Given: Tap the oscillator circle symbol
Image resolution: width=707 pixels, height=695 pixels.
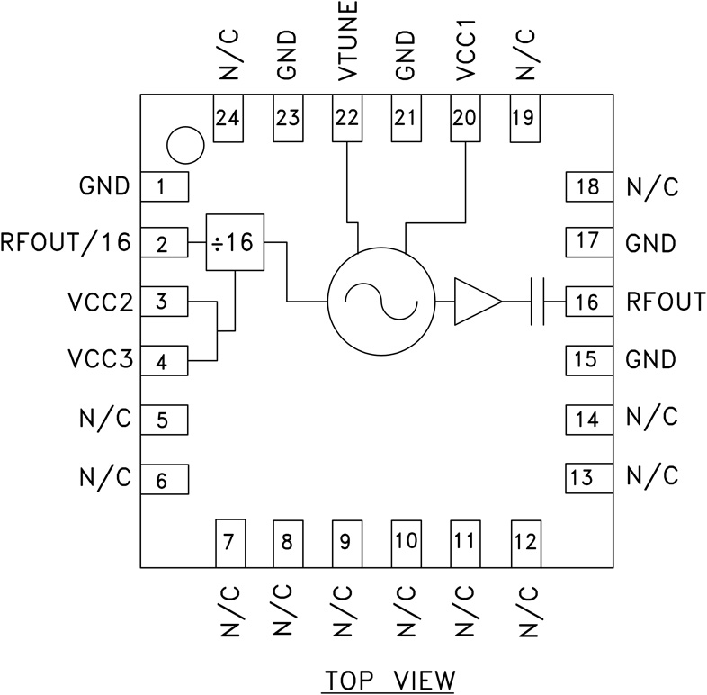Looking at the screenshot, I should tap(379, 300).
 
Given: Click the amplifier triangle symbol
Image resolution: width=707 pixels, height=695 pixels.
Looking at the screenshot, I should tap(475, 301).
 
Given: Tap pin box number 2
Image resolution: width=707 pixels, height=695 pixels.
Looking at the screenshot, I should tap(163, 244).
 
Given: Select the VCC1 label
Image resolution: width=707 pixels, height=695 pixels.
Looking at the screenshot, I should tap(465, 50).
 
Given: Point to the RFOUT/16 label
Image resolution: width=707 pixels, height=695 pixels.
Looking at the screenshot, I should tap(66, 243).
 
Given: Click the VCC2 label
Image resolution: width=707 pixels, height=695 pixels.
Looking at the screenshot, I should tap(98, 302).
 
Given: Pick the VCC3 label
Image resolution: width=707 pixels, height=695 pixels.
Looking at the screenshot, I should tap(98, 360).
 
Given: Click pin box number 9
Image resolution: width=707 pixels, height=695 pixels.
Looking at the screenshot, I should tap(346, 543).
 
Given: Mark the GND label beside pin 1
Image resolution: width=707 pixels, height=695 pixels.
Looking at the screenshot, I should tap(104, 186).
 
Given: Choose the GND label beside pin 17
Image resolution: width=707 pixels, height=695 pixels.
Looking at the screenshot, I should tap(650, 244).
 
